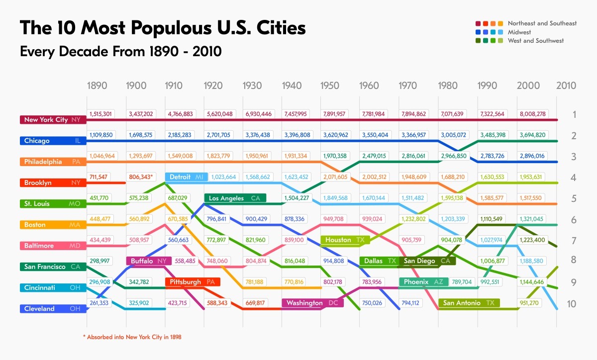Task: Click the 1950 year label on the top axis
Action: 330,86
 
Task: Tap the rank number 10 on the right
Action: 572,303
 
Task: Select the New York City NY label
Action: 52,120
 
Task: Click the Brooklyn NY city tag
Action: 52,183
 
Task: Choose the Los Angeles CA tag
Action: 235,198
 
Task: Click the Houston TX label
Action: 344,240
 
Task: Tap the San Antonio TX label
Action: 469,303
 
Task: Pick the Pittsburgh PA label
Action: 192,282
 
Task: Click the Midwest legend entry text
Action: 519,32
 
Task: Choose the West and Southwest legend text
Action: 536,41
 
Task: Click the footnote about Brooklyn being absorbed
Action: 132,337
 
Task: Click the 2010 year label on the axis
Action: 566,86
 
